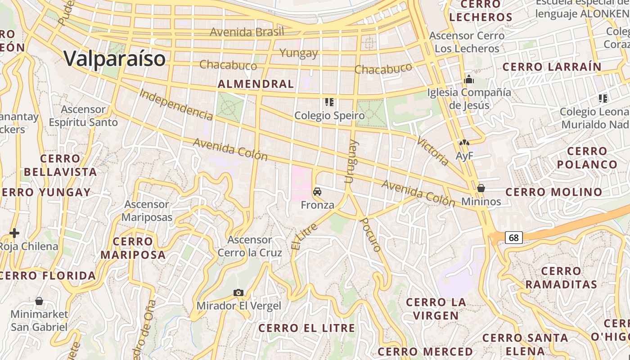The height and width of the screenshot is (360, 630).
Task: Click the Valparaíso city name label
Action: (x=114, y=58)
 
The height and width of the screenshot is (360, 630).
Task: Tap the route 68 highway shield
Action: (x=513, y=237)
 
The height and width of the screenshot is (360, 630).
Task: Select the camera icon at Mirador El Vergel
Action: (x=238, y=293)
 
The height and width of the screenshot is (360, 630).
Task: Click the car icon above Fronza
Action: (x=317, y=192)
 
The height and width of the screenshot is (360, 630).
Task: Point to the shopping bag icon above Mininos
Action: (x=481, y=188)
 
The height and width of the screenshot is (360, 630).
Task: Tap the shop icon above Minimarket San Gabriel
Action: (x=39, y=301)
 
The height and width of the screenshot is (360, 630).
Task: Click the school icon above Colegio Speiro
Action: (x=329, y=103)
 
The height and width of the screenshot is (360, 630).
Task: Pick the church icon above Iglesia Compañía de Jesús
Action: (x=469, y=80)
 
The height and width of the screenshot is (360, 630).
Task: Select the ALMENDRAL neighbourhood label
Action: (x=256, y=84)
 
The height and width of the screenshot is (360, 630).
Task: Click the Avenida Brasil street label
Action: (x=247, y=32)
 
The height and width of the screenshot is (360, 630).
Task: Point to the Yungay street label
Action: (x=299, y=53)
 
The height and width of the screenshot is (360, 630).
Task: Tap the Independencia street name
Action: (x=175, y=105)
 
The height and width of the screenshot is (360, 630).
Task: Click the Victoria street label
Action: (x=432, y=151)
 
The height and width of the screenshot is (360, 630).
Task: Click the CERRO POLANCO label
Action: (x=587, y=157)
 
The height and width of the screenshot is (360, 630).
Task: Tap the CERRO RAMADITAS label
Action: (x=561, y=278)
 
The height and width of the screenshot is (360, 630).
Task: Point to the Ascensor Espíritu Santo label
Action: (x=83, y=116)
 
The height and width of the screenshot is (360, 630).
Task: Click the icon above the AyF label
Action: (x=464, y=143)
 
